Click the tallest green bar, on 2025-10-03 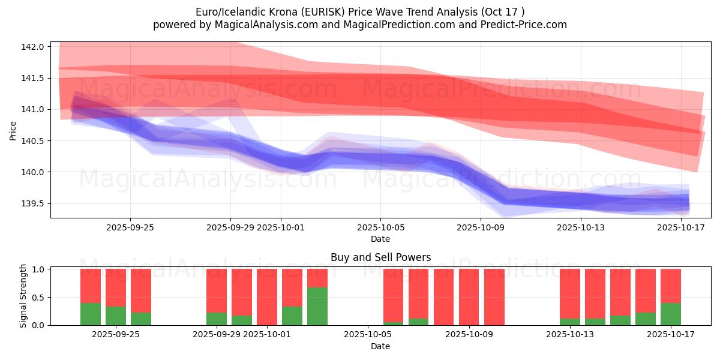point(317,306)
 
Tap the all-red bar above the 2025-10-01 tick point(267,297)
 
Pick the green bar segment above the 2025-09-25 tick point(141,319)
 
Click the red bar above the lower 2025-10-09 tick point(469,297)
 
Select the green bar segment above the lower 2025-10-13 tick point(570,322)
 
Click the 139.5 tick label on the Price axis point(35,204)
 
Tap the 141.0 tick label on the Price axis point(35,110)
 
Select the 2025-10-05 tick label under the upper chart point(380,228)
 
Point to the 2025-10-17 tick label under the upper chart point(681,228)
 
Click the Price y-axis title point(13,130)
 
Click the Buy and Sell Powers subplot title point(380,258)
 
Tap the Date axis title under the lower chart point(380,346)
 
